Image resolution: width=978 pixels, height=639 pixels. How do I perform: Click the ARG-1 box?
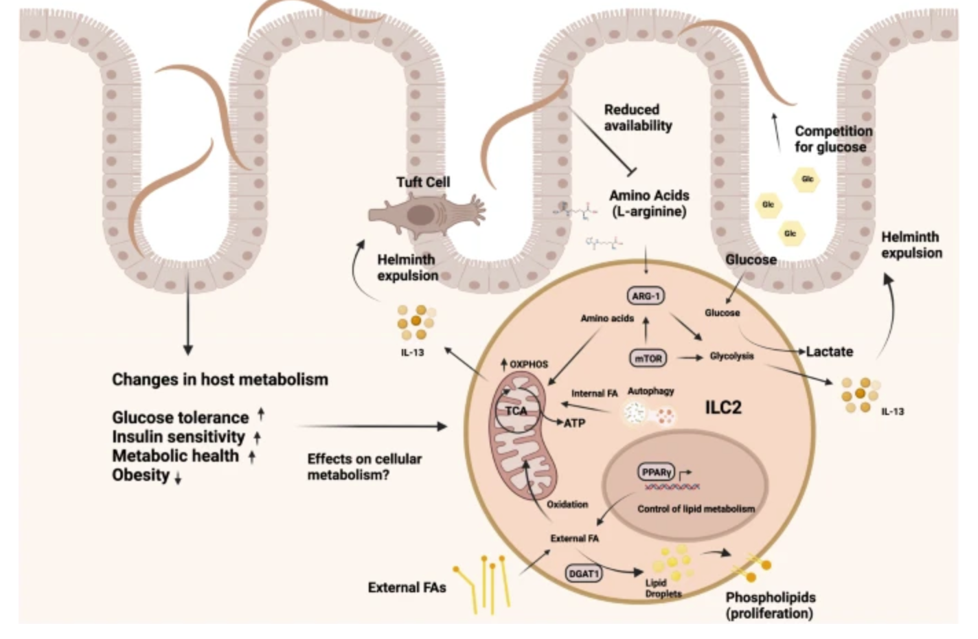pos(646,296)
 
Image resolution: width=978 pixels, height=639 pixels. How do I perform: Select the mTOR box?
pos(648,359)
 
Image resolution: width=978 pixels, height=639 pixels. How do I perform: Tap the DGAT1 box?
pos(584,574)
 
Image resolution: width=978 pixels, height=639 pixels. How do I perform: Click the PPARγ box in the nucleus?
pos(656,472)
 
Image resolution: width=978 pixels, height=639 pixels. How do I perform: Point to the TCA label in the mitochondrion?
pos(516,411)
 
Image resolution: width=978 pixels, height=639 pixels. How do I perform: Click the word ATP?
pos(575,423)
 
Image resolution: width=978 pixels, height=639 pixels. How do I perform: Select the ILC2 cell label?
pos(723,407)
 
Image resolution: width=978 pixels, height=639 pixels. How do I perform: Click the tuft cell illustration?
pos(427,214)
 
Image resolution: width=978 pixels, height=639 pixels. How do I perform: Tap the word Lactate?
pos(829,352)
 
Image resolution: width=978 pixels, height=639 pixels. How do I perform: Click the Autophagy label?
pos(650,391)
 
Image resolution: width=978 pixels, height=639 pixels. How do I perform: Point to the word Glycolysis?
pos(731,356)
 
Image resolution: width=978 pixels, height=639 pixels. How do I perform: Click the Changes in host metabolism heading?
pos(220,379)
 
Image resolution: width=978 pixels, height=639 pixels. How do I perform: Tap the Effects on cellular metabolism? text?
pos(365,467)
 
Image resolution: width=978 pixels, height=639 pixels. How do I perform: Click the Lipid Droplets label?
pos(663,588)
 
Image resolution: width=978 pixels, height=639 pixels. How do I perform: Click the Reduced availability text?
pos(638,117)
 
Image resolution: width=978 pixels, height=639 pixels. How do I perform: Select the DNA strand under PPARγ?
pos(672,486)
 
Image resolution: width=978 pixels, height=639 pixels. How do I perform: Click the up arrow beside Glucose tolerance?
pos(261,414)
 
